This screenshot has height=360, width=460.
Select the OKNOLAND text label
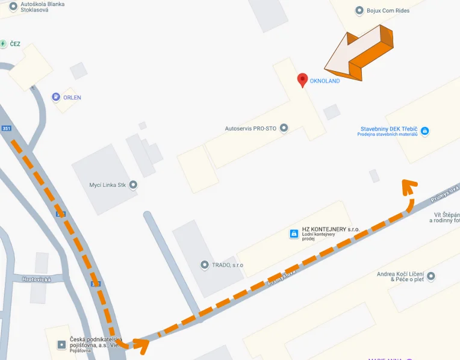pyautogui.click(x=325, y=81)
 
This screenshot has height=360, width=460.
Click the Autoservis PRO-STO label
pyautogui.click(x=250, y=128)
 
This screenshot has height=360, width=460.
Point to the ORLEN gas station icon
pyautogui.click(x=55, y=97)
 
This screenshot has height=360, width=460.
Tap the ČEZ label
pyautogui.click(x=15, y=44)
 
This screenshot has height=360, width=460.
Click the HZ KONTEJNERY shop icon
pyautogui.click(x=294, y=233)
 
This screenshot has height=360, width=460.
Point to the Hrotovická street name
pyautogui.click(x=37, y=279)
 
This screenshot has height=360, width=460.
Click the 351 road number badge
pyautogui.click(x=7, y=128)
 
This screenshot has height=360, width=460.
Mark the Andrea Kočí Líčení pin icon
pyautogui.click(x=430, y=276)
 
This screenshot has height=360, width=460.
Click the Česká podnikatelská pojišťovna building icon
pyautogui.click(x=60, y=344)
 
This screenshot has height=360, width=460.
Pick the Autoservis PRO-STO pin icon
pyautogui.click(x=284, y=128)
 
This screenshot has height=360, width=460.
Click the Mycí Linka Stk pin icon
pyautogui.click(x=133, y=184)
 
